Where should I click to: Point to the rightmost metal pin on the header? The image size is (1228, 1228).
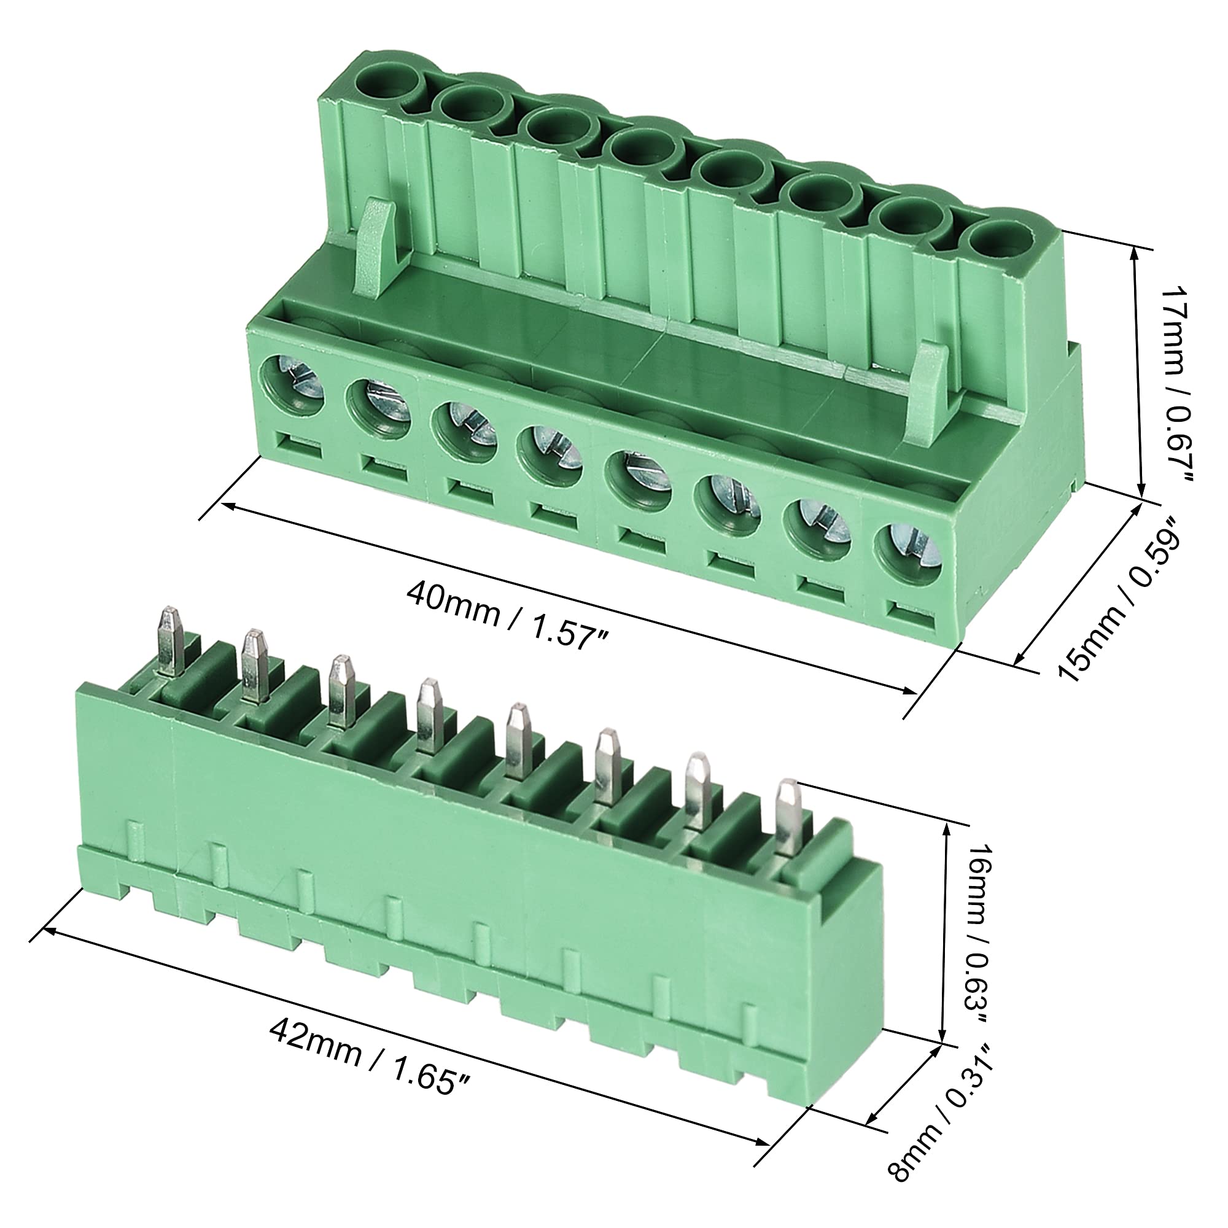tap(789, 817)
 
